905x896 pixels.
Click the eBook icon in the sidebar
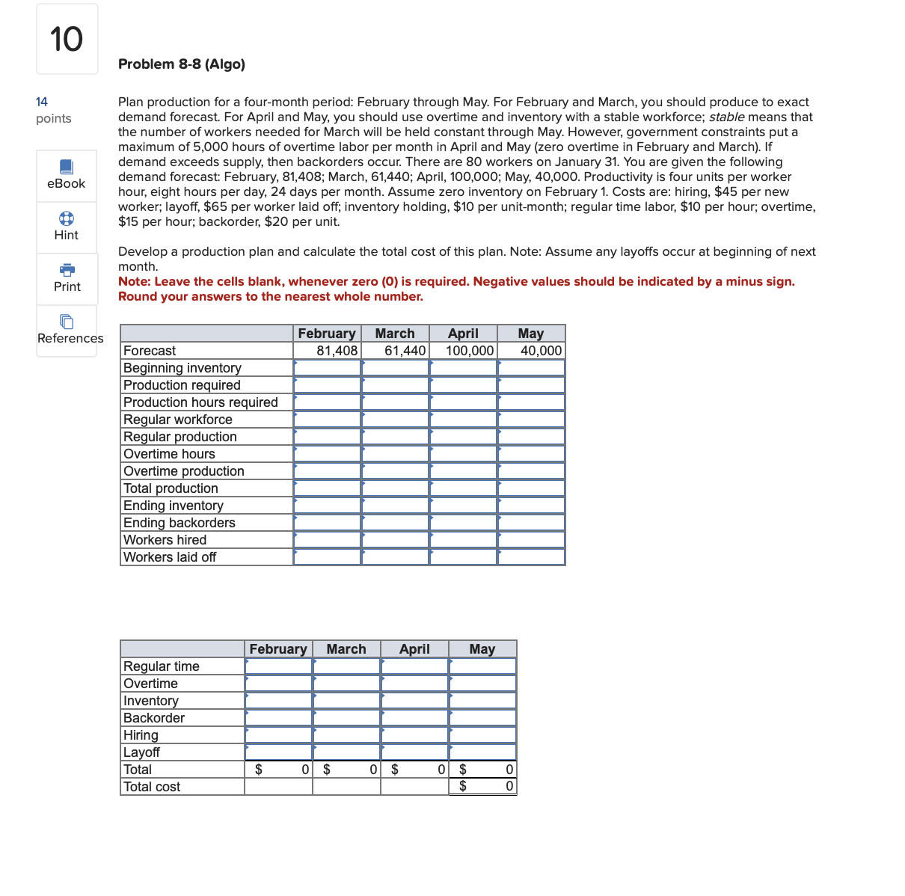[x=66, y=167]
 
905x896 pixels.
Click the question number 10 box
[x=67, y=39]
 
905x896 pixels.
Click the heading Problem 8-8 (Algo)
[x=182, y=64]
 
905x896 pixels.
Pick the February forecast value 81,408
[x=337, y=351]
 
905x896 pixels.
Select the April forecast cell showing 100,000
[x=469, y=351]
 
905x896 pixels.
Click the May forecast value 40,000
[x=540, y=351]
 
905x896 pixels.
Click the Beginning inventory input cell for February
[x=327, y=368]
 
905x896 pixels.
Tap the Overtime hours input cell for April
[x=463, y=454]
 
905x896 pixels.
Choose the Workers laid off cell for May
[x=531, y=557]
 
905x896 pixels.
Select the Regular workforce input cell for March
[x=395, y=420]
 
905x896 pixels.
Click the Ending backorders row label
[x=180, y=523]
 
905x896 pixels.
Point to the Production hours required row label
[x=200, y=402]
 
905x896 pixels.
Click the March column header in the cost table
[x=346, y=649]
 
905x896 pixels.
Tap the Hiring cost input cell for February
[x=278, y=735]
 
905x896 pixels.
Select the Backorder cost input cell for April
[x=414, y=718]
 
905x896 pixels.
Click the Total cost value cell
[x=482, y=786]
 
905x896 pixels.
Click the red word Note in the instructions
[x=134, y=282]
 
